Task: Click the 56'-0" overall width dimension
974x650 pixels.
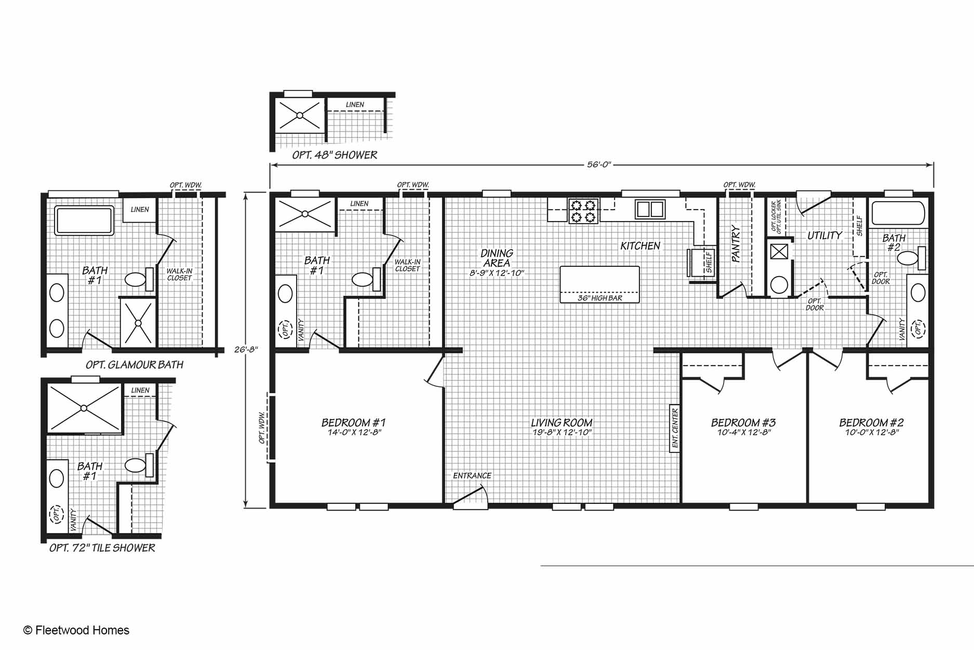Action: [x=599, y=165]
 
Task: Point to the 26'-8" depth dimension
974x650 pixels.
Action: [x=246, y=349]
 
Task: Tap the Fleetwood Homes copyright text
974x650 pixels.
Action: [x=76, y=630]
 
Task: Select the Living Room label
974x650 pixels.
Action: [x=562, y=423]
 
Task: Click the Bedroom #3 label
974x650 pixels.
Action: [x=743, y=423]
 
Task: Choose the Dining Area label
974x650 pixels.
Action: [x=497, y=258]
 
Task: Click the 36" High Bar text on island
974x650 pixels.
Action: [x=600, y=298]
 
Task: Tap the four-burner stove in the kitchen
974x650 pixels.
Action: [x=583, y=211]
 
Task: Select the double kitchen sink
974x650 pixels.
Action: [x=650, y=209]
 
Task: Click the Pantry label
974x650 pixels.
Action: [x=735, y=243]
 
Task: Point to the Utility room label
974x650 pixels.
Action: [x=824, y=236]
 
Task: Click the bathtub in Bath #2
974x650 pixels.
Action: [x=898, y=213]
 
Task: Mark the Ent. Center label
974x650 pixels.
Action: [x=675, y=428]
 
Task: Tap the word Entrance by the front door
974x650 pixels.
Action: [x=472, y=476]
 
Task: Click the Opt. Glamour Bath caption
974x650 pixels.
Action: [x=135, y=365]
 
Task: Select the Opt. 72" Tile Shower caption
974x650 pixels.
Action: [x=102, y=548]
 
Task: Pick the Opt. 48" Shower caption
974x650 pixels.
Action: [x=335, y=155]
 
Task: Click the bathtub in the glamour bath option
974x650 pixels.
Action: [x=84, y=220]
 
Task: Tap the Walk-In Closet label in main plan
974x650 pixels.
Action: [x=407, y=265]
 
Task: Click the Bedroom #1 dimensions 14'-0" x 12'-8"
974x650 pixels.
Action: [x=354, y=433]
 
